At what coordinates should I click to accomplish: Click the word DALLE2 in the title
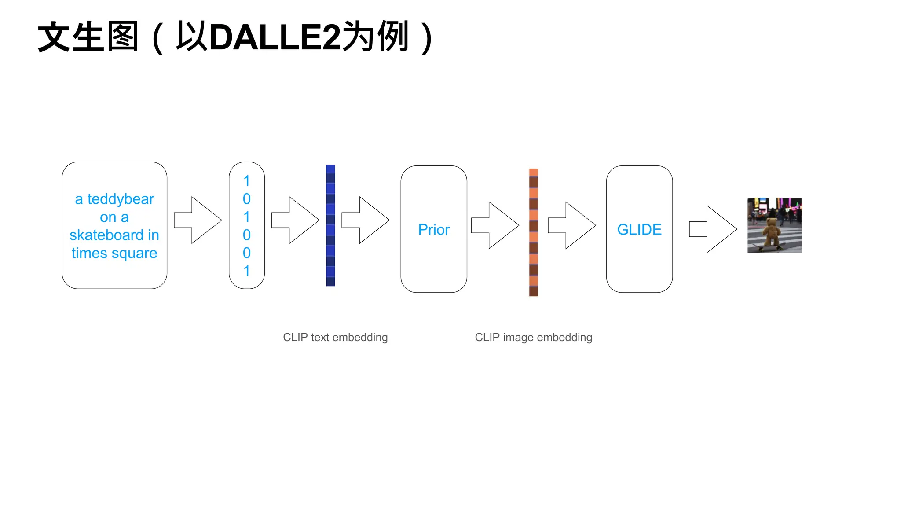(x=275, y=37)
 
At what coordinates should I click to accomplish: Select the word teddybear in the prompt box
(x=121, y=199)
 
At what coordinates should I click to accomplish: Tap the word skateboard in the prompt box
(x=106, y=235)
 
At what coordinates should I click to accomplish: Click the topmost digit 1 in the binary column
(x=247, y=181)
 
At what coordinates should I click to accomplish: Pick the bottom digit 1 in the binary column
(x=247, y=271)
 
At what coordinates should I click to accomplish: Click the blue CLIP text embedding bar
(x=330, y=225)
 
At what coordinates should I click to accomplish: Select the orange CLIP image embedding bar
(x=534, y=232)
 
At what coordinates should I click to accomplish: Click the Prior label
(x=434, y=230)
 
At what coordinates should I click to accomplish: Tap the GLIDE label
(x=639, y=230)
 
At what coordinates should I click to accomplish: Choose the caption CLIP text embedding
(x=335, y=338)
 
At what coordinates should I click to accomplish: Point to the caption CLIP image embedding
(x=534, y=338)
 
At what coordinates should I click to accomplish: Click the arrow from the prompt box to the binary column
(x=198, y=220)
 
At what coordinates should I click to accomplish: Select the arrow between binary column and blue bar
(x=295, y=220)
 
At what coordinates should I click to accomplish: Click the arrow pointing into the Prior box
(x=366, y=220)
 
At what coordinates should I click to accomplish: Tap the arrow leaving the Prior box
(x=495, y=225)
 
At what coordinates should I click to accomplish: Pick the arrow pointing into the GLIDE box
(x=571, y=225)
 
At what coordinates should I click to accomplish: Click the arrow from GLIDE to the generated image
(x=713, y=229)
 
